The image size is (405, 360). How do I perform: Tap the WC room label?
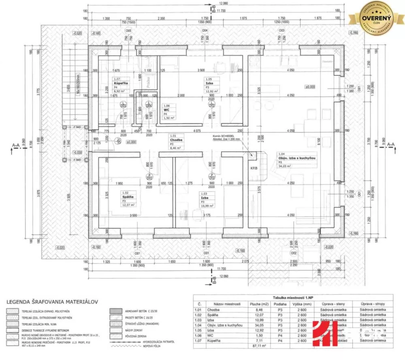[x=166, y=110]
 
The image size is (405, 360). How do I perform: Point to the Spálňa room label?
[x=128, y=197]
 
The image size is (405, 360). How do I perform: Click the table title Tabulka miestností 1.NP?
[x=290, y=297]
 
